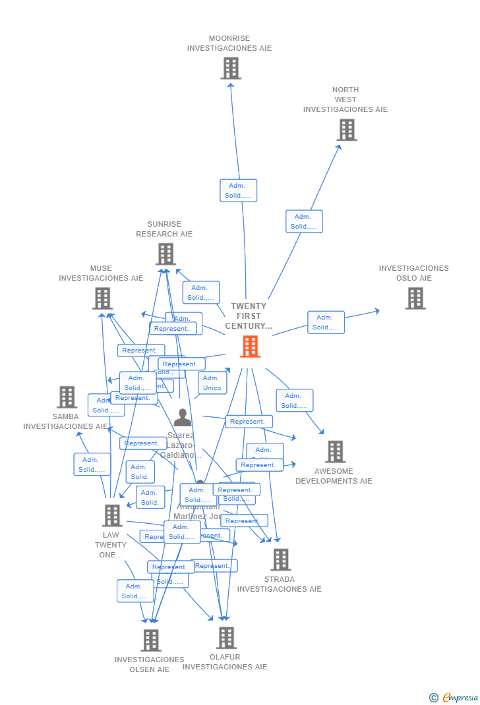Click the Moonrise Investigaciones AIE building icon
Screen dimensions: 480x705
(x=231, y=68)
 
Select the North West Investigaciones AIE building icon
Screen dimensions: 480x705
(x=347, y=130)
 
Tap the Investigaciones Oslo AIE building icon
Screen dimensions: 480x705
(x=415, y=298)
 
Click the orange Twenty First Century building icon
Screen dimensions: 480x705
(x=250, y=346)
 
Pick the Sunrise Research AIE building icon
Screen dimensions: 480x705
(x=165, y=254)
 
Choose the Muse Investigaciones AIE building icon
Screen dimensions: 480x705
(x=102, y=298)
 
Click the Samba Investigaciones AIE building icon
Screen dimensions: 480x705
(x=67, y=397)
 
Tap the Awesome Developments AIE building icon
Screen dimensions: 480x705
(x=335, y=451)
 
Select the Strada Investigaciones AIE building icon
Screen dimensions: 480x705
(x=280, y=559)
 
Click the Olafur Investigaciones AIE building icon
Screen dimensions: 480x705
(x=226, y=637)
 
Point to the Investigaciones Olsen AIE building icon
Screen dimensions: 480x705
(x=151, y=640)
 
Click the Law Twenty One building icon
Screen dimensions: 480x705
(x=112, y=515)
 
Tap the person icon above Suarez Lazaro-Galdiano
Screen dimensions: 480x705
(x=183, y=418)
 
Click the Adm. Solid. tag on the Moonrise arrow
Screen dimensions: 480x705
(x=238, y=190)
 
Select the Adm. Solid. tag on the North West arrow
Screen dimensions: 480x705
(x=304, y=221)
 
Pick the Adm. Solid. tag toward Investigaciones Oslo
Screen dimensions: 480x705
(x=326, y=322)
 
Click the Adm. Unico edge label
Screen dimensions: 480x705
(x=212, y=383)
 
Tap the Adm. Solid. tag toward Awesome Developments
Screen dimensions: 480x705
(x=294, y=401)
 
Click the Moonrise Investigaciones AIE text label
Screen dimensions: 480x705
(x=229, y=43)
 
